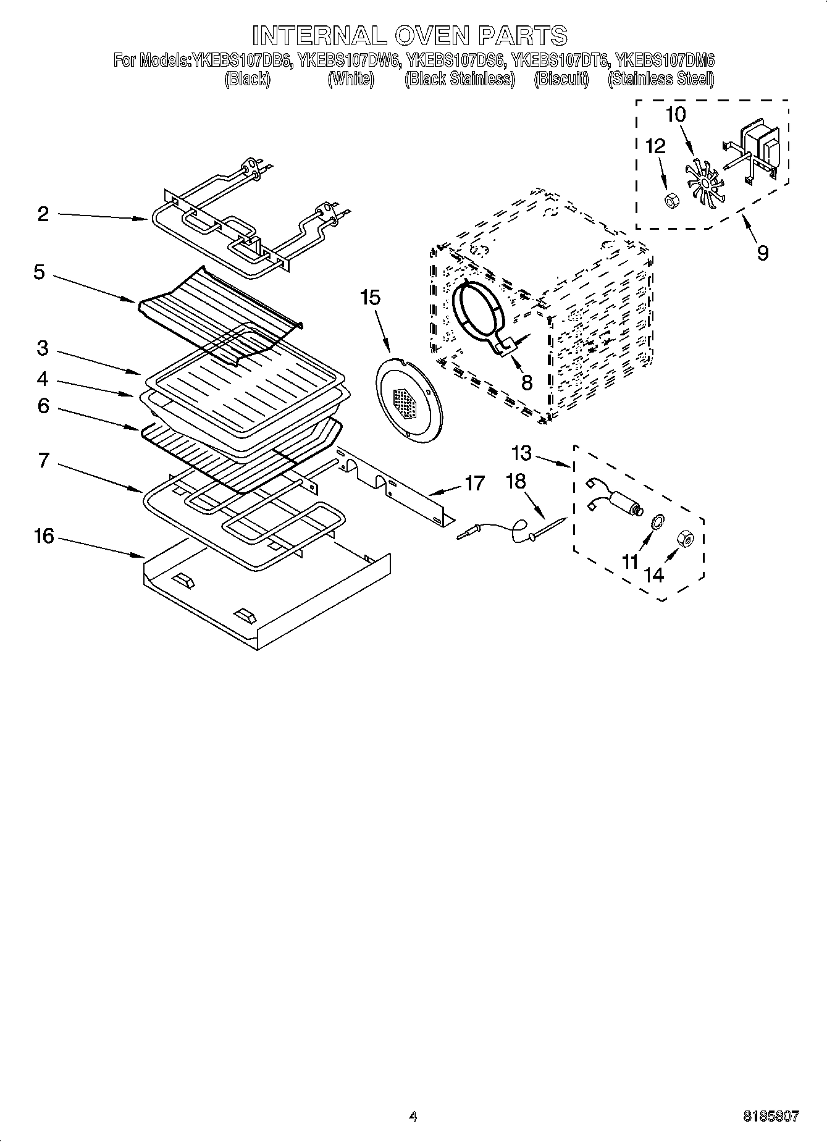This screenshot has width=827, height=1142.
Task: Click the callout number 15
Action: coord(371,298)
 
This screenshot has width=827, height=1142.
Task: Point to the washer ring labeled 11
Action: coord(658,521)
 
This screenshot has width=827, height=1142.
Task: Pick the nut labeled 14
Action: coord(686,538)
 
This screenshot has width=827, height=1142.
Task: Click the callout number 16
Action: coord(44,536)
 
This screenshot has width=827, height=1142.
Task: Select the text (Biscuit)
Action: coord(561,79)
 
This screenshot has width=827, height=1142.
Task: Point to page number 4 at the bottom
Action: coord(413,1116)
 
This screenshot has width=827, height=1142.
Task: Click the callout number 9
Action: coord(763,253)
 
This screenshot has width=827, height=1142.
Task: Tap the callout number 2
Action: coord(43,214)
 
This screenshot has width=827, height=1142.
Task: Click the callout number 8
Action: coord(526,382)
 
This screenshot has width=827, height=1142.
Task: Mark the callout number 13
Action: coord(521,453)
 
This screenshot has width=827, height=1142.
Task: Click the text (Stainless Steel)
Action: coord(661,79)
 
